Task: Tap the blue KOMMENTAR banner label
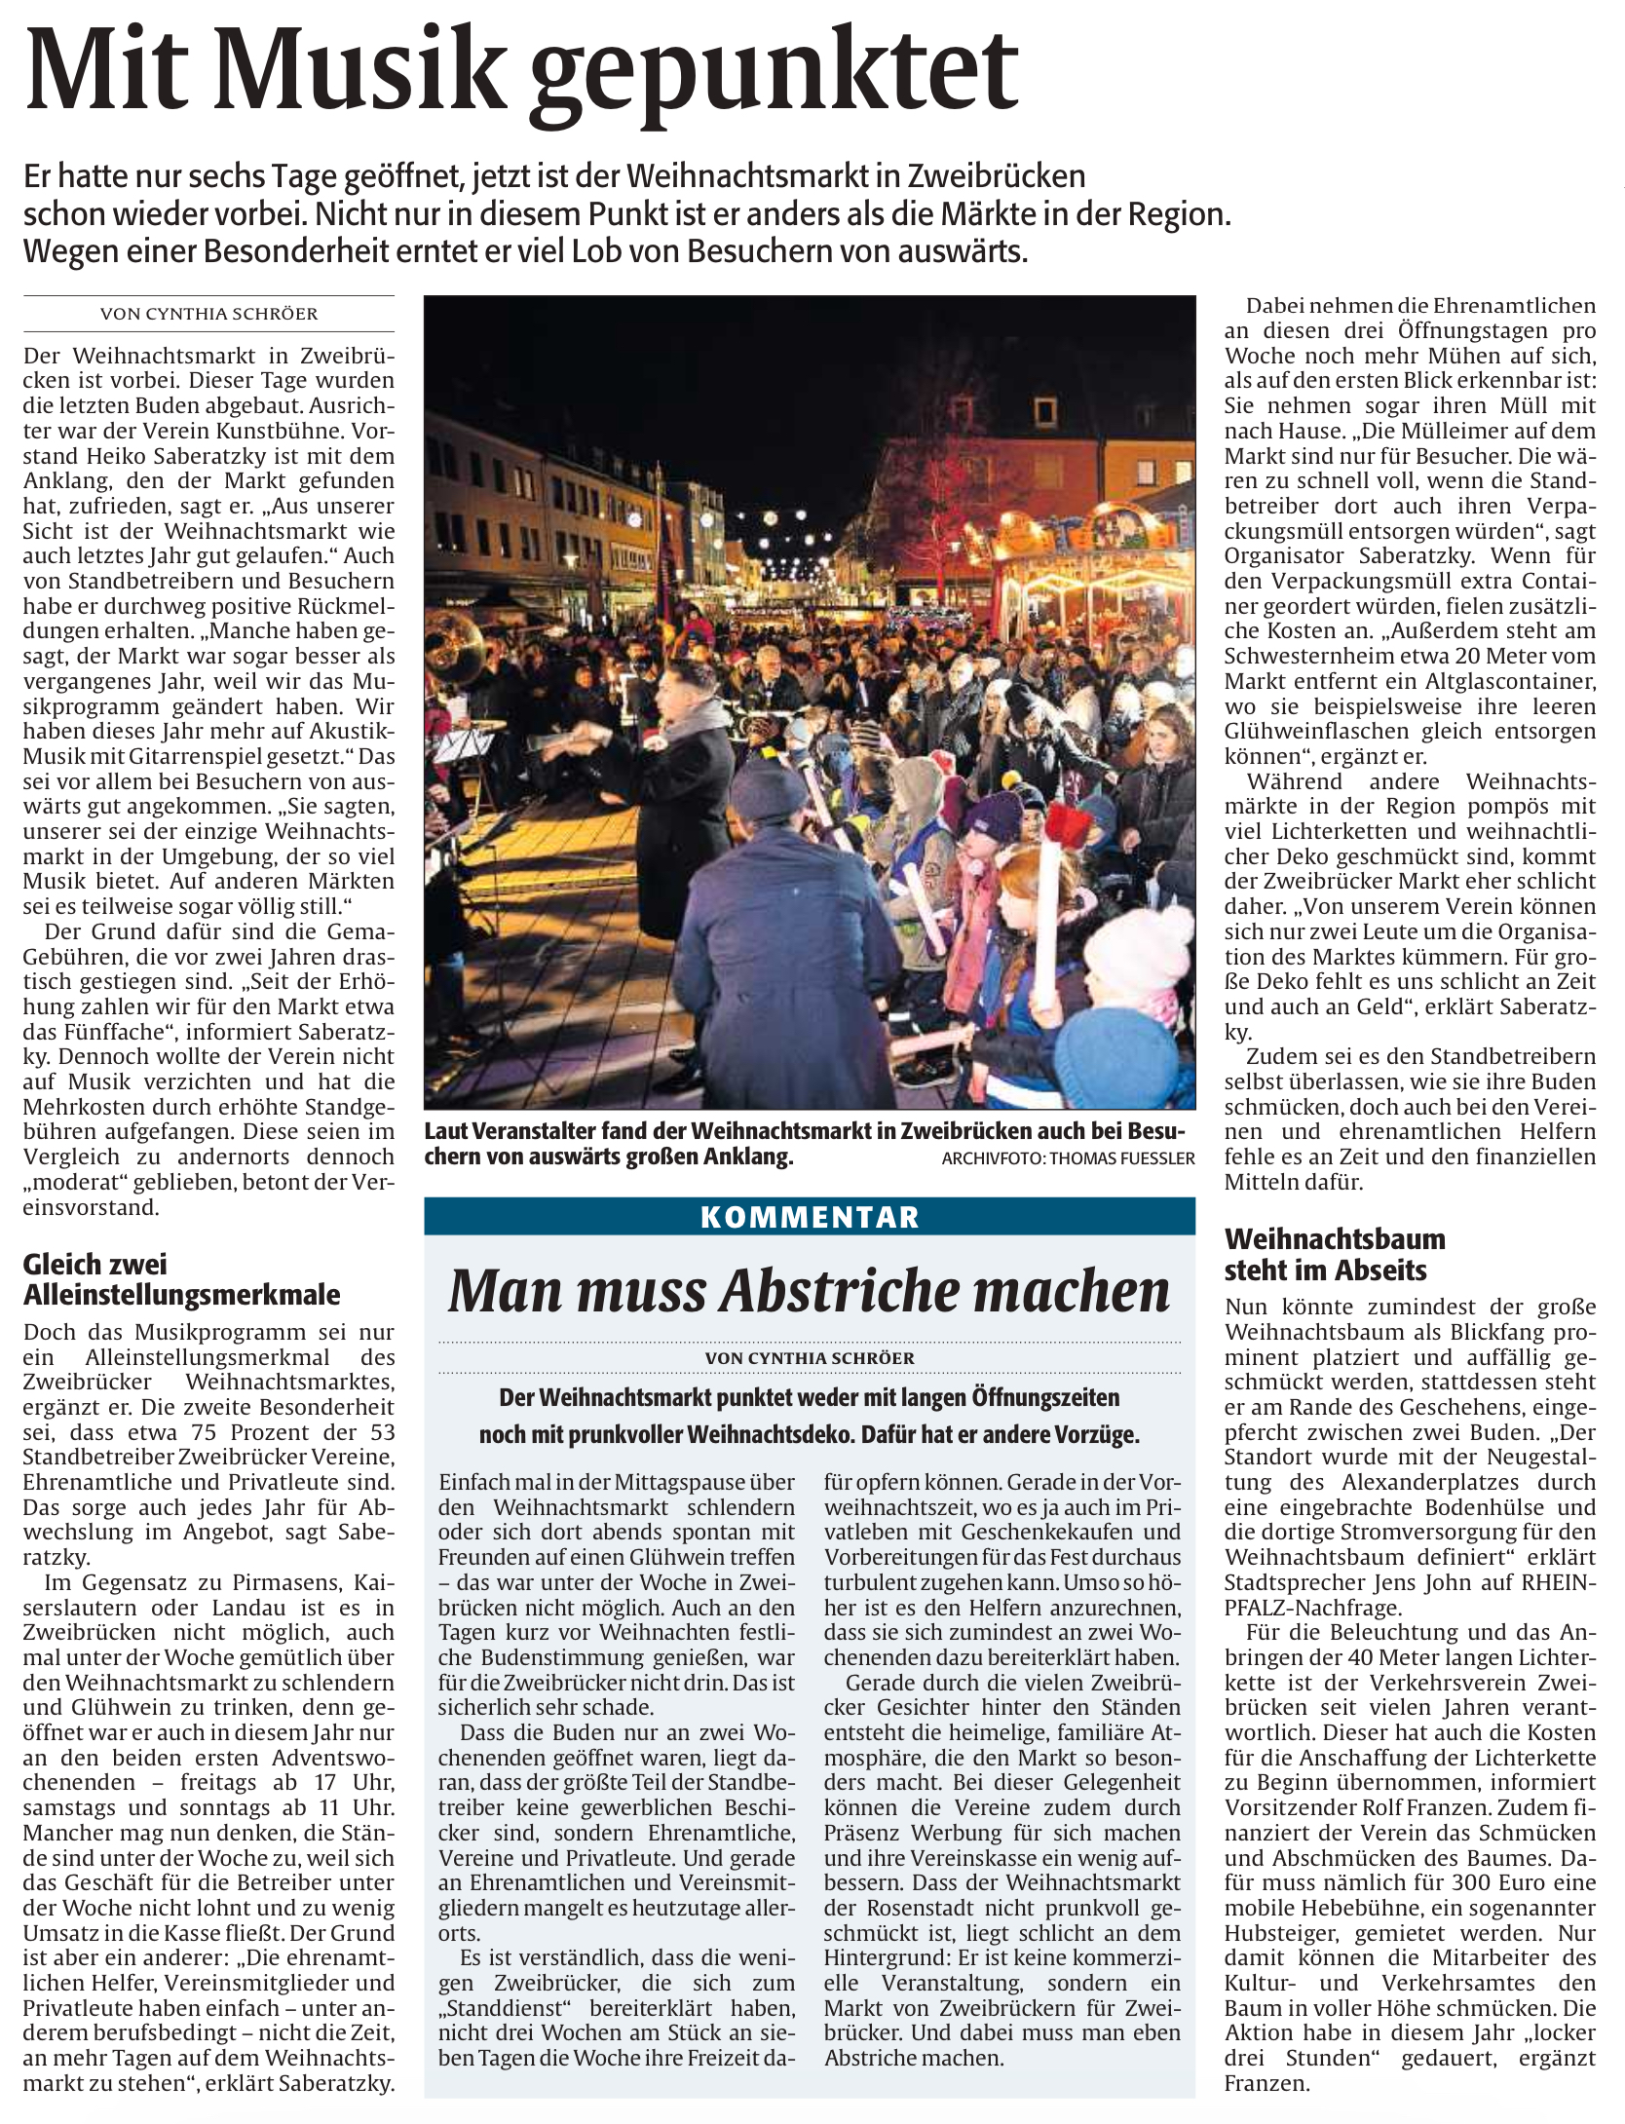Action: click(809, 1216)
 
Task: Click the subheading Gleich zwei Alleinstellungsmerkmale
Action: click(182, 1279)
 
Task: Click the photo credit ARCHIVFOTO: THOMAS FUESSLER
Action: click(1068, 1158)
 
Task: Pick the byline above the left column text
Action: click(208, 314)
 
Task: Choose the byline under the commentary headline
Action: click(809, 1357)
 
